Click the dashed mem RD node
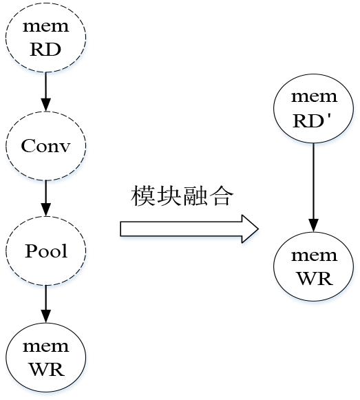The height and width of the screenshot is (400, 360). point(46,37)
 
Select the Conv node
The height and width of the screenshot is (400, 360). point(46,146)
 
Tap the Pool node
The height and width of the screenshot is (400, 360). point(46,251)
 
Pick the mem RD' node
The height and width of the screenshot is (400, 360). point(314,108)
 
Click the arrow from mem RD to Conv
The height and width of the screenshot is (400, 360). point(46,92)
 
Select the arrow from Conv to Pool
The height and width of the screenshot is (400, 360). point(46,198)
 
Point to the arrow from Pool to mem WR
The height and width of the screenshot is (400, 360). point(46,304)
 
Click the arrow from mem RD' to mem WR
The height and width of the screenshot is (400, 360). point(314,187)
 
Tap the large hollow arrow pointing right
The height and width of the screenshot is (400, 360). point(189,229)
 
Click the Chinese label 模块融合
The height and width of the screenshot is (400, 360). point(182,196)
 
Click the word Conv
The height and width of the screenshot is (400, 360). point(45,146)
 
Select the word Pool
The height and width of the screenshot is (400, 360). point(46,251)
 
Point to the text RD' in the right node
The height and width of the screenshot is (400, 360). point(312,120)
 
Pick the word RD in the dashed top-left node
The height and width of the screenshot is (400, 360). point(45,50)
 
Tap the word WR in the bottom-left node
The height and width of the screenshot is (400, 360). point(46,370)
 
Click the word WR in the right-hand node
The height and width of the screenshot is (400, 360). point(315,279)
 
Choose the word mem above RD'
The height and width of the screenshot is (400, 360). point(315,97)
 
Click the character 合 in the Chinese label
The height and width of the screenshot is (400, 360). point(221,196)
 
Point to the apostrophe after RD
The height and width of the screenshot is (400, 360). point(329,116)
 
